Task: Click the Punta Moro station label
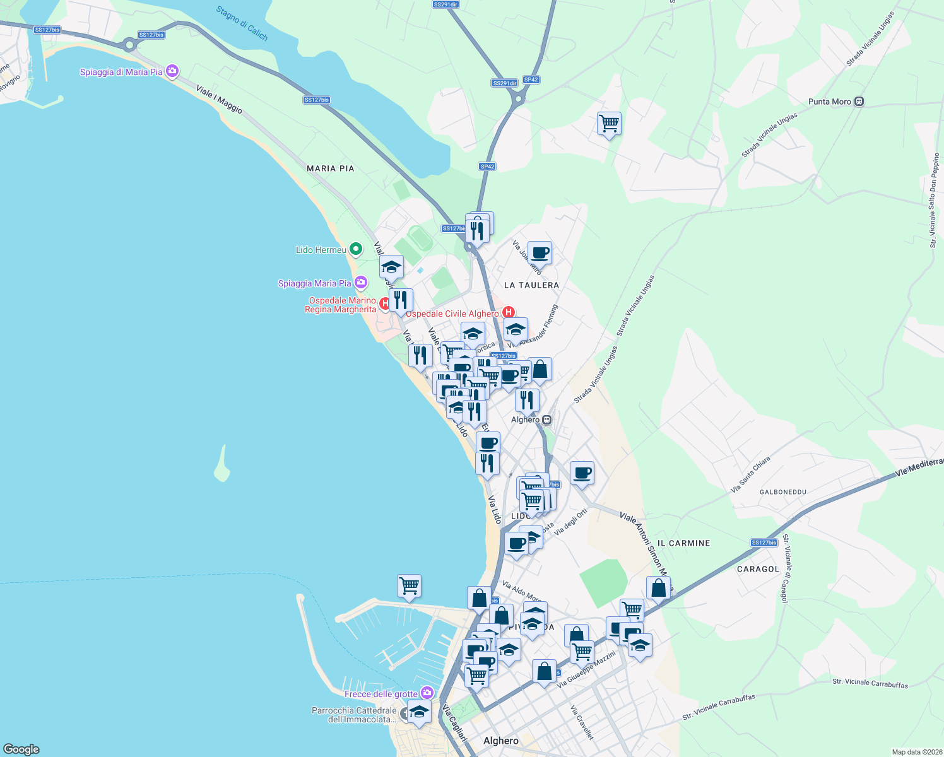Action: [830, 102]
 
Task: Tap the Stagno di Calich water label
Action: [242, 23]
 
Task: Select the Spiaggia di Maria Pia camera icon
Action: [172, 71]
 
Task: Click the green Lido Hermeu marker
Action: [356, 250]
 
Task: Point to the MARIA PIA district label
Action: [330, 168]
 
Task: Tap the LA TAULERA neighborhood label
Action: [531, 285]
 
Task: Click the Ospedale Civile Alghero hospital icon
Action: [509, 312]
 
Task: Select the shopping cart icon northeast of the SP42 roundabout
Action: [609, 123]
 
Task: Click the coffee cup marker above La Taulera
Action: [540, 253]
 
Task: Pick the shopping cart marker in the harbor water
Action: [409, 586]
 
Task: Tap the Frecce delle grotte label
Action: [381, 694]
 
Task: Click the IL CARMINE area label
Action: [683, 543]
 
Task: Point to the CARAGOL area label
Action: [758, 569]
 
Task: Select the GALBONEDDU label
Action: [782, 492]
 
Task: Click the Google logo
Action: [21, 749]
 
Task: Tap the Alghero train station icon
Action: [547, 420]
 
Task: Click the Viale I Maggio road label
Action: [219, 99]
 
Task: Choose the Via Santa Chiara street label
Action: [750, 474]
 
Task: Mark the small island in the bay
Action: [221, 465]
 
